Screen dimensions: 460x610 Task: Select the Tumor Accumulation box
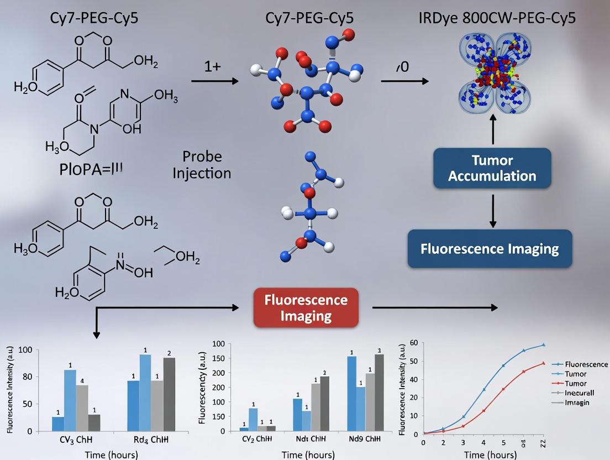click(x=492, y=168)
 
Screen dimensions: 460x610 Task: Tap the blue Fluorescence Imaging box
click(x=490, y=249)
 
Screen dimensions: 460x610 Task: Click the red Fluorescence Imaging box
click(x=306, y=308)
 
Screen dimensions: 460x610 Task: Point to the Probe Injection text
click(x=202, y=165)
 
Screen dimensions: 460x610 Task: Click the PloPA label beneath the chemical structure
click(x=91, y=169)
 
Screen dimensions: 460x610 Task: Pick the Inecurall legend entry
click(x=580, y=393)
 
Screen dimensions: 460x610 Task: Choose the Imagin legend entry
click(x=577, y=402)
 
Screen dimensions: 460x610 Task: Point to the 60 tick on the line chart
click(x=414, y=343)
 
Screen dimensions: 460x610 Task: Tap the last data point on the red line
click(x=543, y=363)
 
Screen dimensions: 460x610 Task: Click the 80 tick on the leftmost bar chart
click(x=27, y=377)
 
